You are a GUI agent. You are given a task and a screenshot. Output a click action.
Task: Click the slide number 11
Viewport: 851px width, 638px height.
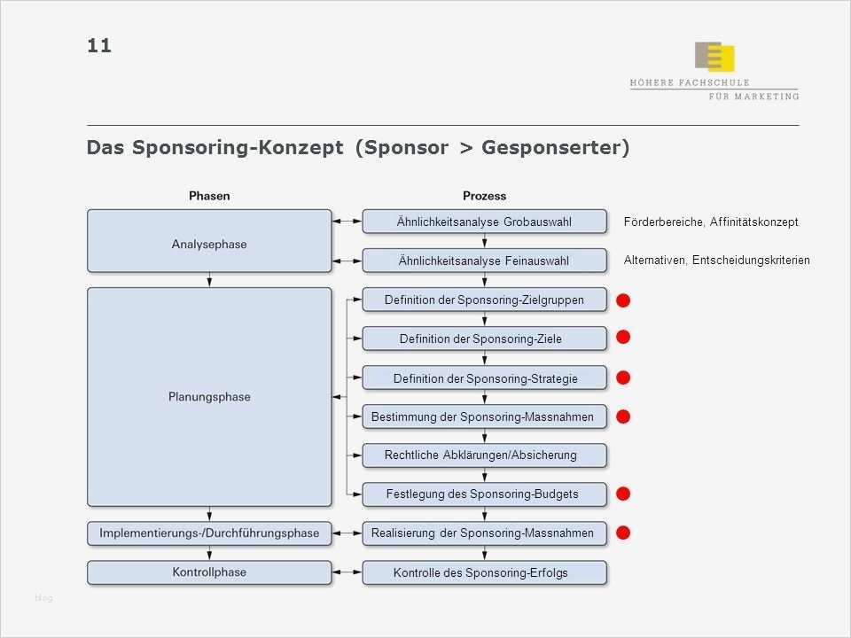pos(99,45)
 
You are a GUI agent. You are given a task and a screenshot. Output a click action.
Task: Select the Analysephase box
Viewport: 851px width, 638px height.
pos(209,241)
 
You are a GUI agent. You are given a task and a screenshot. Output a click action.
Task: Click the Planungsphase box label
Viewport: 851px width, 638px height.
pos(209,397)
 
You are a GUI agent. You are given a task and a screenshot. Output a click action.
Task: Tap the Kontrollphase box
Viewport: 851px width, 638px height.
pos(209,572)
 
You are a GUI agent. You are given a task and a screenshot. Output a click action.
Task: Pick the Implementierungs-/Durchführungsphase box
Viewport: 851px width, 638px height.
pos(209,533)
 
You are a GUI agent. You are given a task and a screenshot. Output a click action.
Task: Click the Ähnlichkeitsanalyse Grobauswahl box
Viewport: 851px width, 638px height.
pos(484,222)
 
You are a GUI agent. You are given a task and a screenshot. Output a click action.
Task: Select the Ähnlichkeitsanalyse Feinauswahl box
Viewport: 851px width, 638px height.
pos(484,260)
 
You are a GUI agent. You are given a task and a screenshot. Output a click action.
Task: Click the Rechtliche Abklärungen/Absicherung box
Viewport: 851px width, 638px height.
pos(484,455)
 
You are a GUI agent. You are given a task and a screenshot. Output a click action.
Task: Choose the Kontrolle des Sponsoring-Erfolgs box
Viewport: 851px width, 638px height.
pos(484,572)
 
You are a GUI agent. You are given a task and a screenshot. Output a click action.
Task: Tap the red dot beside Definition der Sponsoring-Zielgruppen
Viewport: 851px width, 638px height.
pos(623,301)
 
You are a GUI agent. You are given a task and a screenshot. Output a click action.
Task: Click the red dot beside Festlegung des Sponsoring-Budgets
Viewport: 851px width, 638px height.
pos(623,493)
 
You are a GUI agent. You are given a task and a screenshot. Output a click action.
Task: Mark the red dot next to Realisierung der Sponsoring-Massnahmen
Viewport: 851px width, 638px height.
pos(623,532)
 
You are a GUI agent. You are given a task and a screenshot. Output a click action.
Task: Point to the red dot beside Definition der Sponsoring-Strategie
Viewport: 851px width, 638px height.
pos(623,377)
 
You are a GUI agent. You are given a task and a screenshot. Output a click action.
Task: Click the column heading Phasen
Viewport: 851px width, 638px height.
pos(209,196)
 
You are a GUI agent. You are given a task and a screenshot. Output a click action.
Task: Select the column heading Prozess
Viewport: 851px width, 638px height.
pos(484,196)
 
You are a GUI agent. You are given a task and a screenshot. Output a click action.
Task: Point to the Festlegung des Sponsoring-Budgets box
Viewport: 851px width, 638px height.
pos(484,494)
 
